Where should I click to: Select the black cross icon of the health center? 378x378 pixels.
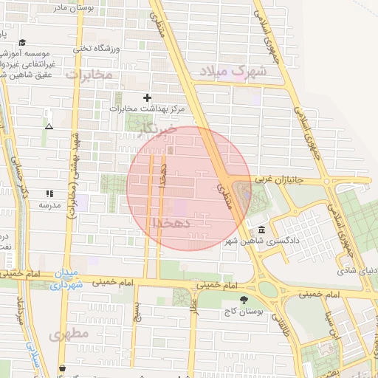[147, 97]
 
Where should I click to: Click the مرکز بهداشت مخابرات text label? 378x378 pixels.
[147, 109]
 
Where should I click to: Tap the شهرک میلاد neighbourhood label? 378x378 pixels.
[227, 72]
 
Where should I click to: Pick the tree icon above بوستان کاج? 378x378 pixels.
[244, 299]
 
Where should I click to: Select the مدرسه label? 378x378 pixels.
[49, 205]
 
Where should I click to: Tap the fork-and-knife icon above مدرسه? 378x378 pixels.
[49, 193]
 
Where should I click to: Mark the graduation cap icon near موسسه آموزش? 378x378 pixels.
[22, 43]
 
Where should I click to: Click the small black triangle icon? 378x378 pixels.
[49, 126]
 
